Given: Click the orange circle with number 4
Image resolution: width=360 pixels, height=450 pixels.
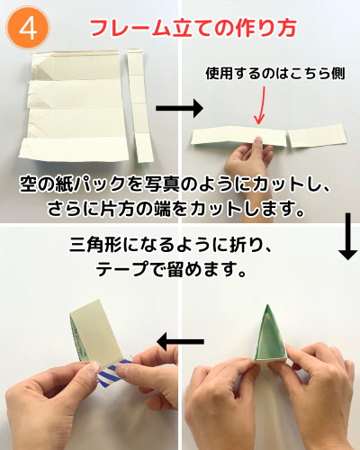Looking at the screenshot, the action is click(28, 28).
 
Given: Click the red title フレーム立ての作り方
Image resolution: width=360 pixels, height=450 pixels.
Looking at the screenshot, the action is click(193, 29).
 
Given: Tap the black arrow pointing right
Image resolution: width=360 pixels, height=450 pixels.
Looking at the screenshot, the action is click(179, 108).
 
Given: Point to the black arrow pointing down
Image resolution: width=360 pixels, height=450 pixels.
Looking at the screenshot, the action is click(347, 236).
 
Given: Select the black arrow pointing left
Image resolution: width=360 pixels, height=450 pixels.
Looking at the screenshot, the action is click(180, 341).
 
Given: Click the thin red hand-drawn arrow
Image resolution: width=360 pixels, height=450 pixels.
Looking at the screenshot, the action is click(260, 105).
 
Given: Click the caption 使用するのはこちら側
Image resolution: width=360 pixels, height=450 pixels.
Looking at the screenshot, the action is click(274, 74).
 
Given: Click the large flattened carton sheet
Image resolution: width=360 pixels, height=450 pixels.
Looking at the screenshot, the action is click(75, 107).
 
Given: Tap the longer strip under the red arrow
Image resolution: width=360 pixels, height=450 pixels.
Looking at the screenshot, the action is click(238, 137).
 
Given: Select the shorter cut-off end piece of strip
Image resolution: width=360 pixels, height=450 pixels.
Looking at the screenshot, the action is click(318, 136).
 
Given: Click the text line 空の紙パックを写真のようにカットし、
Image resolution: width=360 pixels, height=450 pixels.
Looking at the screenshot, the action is click(175, 184).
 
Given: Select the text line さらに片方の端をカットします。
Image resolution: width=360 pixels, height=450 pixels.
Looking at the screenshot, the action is click(175, 208).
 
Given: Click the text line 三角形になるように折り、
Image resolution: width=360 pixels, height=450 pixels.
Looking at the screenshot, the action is click(170, 245).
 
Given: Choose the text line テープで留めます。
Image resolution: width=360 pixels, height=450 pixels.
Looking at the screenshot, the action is click(171, 268).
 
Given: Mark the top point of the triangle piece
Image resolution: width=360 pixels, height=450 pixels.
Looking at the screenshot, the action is click(267, 305).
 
